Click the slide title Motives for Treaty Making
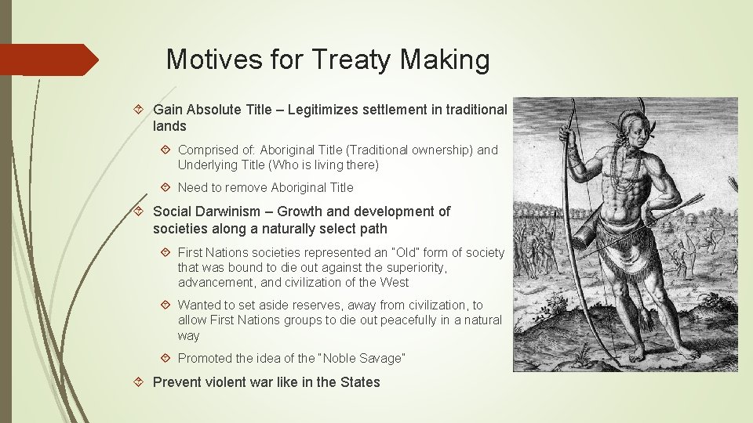[328, 60]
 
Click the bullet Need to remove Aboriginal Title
[265, 187]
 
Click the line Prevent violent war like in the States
[266, 382]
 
